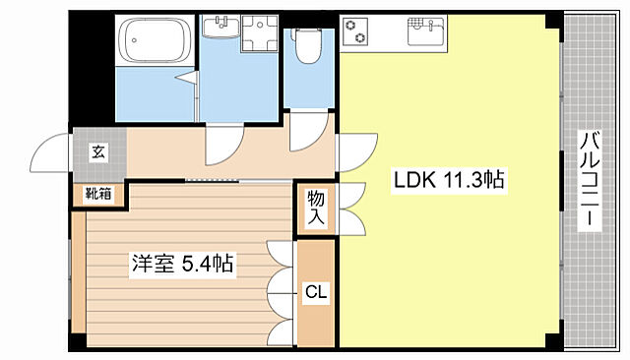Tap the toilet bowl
coord(306,45)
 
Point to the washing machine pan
coord(258,40)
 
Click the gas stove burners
coord(355,30)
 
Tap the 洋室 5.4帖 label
coord(183,264)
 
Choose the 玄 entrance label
coord(98,151)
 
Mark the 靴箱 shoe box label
coord(98,193)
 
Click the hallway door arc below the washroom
coord(221,148)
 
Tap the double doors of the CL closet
coord(282,290)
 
